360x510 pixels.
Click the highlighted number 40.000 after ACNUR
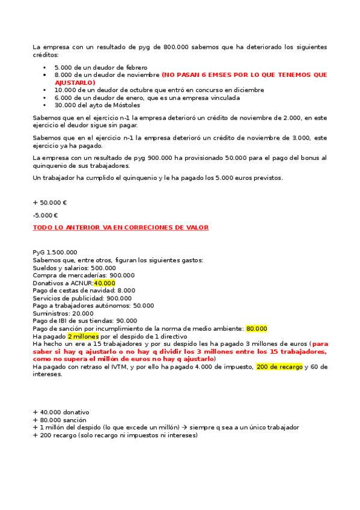[105, 283]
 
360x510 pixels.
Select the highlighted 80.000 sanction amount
[257, 328]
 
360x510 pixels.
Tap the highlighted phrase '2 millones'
[82, 336]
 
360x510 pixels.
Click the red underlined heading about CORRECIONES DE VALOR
[120, 227]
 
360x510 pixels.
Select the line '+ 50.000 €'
[50, 203]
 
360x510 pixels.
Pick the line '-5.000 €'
[45, 215]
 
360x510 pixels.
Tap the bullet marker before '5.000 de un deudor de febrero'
[44, 68]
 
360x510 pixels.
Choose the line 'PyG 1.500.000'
[55, 252]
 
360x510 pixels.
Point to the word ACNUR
[81, 283]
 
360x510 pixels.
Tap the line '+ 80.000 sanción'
[59, 420]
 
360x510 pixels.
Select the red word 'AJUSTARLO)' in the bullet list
[75, 82]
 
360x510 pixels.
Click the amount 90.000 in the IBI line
[126, 321]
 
